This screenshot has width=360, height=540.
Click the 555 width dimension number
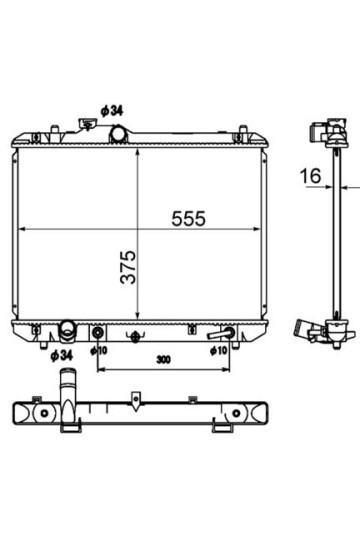point(188,218)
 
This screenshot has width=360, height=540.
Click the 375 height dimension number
point(128,267)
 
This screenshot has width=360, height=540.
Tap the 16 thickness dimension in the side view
point(310,176)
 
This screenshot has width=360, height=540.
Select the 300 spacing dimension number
point(163,360)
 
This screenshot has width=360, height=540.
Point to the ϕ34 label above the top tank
point(112,111)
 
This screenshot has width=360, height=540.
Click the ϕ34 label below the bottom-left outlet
point(62,355)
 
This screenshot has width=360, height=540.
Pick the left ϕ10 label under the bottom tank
point(99,351)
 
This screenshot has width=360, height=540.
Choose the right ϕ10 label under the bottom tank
point(219,351)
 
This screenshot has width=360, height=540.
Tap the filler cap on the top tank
point(88,124)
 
